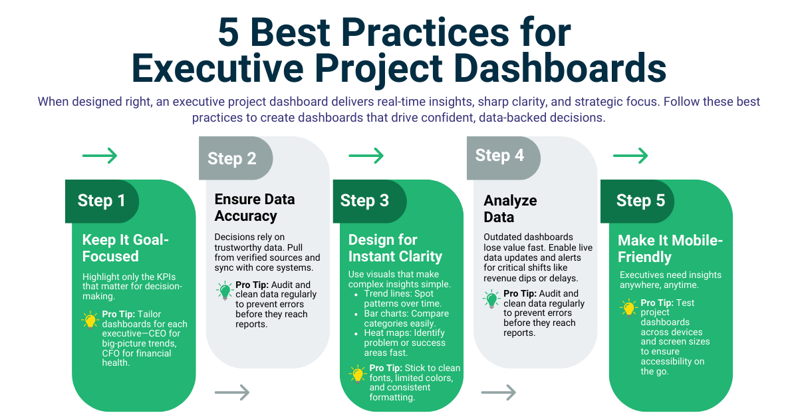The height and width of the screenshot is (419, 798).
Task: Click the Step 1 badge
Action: (102, 201)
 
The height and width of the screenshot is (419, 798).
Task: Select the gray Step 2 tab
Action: (232, 158)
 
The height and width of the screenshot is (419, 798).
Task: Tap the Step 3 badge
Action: (364, 201)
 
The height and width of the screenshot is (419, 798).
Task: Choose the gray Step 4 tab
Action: (499, 156)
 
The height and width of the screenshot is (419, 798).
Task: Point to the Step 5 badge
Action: (640, 201)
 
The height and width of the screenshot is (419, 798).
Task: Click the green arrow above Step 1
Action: (100, 156)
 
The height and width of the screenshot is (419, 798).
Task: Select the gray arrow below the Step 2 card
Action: (232, 392)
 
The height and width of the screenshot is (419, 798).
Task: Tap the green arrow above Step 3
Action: (366, 156)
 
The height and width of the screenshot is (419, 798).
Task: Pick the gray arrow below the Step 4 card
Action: (499, 392)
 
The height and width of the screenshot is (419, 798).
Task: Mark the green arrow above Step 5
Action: (630, 156)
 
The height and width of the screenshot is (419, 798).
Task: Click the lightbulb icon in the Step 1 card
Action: (90, 321)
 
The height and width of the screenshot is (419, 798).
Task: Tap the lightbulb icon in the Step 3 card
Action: (358, 374)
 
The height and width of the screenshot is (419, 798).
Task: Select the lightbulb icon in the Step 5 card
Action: (628, 309)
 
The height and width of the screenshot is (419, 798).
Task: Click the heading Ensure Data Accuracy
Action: (254, 208)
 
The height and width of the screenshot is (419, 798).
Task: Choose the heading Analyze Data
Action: (510, 209)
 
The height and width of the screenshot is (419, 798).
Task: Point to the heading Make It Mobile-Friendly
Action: (670, 249)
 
